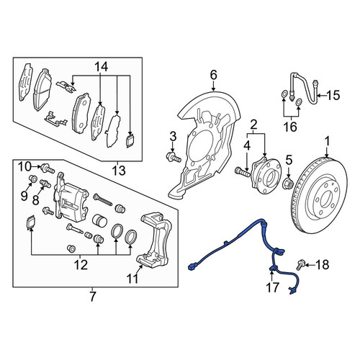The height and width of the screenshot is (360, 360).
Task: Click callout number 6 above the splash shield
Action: [213, 75]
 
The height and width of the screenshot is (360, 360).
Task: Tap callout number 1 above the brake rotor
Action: [328, 141]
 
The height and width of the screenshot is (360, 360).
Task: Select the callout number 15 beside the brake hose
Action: [333, 95]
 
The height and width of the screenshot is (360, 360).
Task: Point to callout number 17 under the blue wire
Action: [272, 287]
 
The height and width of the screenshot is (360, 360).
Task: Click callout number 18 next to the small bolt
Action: [323, 265]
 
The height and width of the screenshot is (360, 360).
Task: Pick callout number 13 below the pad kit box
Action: [119, 171]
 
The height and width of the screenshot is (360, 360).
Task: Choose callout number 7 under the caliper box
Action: [93, 297]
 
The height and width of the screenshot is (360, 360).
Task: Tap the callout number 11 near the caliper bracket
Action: [132, 279]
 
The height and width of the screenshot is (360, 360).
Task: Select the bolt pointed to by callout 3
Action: [174, 156]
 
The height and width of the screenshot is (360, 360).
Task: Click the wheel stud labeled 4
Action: [243, 171]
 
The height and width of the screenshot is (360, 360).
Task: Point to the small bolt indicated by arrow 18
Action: [300, 265]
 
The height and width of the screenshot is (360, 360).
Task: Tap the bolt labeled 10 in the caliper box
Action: [48, 168]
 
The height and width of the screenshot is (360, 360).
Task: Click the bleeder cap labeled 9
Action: [33, 179]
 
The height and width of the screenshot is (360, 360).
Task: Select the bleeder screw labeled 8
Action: [45, 184]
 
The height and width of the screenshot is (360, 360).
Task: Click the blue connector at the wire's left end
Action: [193, 267]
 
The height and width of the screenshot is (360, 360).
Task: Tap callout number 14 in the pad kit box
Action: [101, 67]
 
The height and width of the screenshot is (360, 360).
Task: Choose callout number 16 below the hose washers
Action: [291, 127]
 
